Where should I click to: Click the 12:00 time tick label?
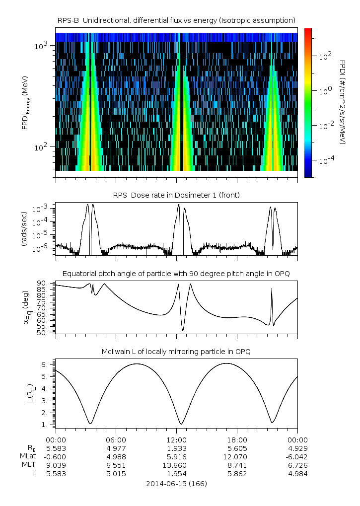176,439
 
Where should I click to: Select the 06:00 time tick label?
116,439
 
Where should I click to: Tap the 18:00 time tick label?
237,439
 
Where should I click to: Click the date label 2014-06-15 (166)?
176,483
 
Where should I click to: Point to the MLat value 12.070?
237,456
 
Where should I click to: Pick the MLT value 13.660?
176,465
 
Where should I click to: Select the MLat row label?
28,456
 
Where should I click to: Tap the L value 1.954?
176,473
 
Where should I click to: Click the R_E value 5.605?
237,448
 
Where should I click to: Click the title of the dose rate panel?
176,195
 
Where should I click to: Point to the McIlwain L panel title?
176,352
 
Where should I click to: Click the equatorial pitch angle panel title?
176,274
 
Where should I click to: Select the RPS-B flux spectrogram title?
176,20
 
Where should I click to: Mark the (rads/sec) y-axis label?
24,229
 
